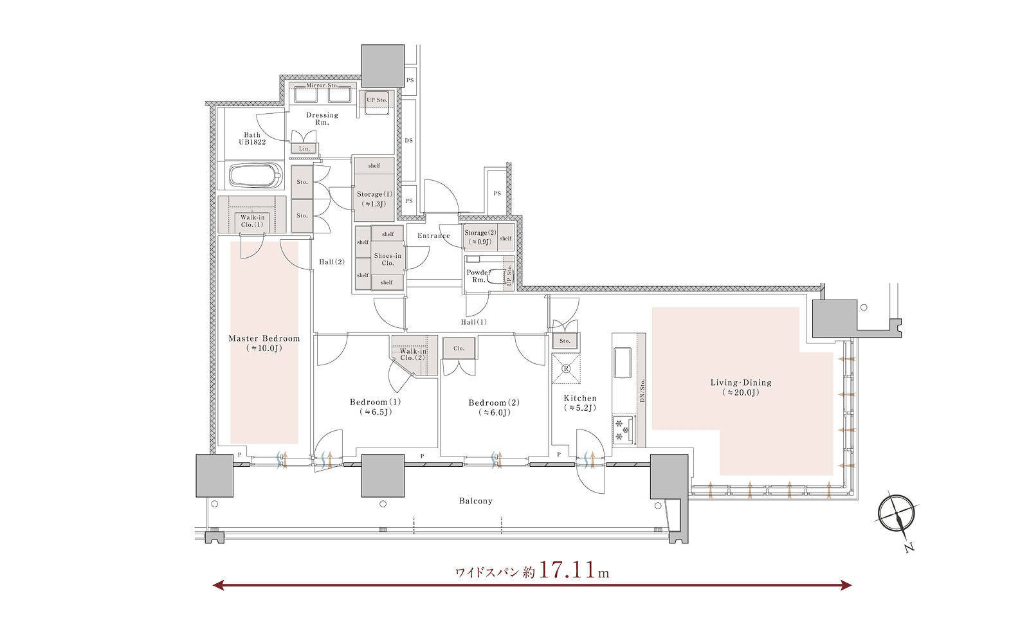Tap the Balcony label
[x=476, y=501]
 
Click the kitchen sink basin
[x=623, y=363]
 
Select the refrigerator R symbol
[x=566, y=368]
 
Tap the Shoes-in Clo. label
[x=388, y=260]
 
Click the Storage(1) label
[x=375, y=194]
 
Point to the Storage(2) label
[x=480, y=233]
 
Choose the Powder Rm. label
[x=478, y=276]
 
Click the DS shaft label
[x=409, y=141]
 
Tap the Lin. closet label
[x=305, y=149]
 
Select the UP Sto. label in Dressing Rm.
[x=377, y=100]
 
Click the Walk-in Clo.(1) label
[x=252, y=221]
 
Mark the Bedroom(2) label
[x=495, y=408]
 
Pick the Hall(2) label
[x=332, y=262]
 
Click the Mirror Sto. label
[x=322, y=86]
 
